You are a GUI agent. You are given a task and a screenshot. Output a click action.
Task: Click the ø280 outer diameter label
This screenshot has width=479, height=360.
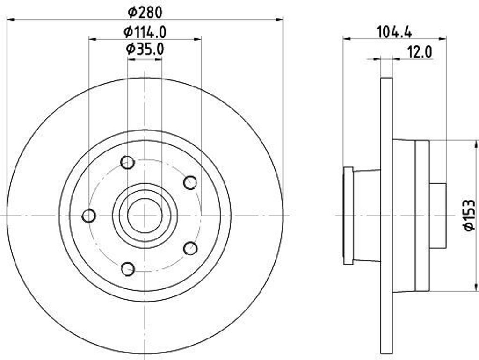click(145, 11)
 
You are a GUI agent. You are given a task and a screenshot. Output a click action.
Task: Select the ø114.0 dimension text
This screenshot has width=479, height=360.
click(145, 32)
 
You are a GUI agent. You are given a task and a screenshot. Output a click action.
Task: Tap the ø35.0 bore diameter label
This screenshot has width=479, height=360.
click(145, 49)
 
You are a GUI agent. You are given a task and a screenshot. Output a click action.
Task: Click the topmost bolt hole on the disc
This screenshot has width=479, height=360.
click(127, 163)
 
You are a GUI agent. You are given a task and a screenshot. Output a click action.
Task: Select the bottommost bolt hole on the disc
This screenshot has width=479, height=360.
click(128, 269)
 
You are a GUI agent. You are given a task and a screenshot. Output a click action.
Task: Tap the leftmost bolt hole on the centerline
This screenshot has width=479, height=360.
click(89, 216)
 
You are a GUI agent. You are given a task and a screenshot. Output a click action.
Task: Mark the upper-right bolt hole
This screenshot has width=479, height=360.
click(190, 182)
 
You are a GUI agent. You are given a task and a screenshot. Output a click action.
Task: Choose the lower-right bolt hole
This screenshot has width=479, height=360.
click(190, 248)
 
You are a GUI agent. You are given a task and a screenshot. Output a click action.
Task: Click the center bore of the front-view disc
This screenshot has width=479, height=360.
click(145, 216)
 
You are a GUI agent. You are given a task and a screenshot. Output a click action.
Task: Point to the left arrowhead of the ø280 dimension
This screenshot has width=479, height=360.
click(10, 19)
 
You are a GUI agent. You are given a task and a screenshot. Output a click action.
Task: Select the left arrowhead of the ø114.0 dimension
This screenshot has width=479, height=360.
click(92, 40)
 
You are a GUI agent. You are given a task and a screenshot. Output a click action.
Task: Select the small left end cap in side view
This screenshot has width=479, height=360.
click(348, 216)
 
